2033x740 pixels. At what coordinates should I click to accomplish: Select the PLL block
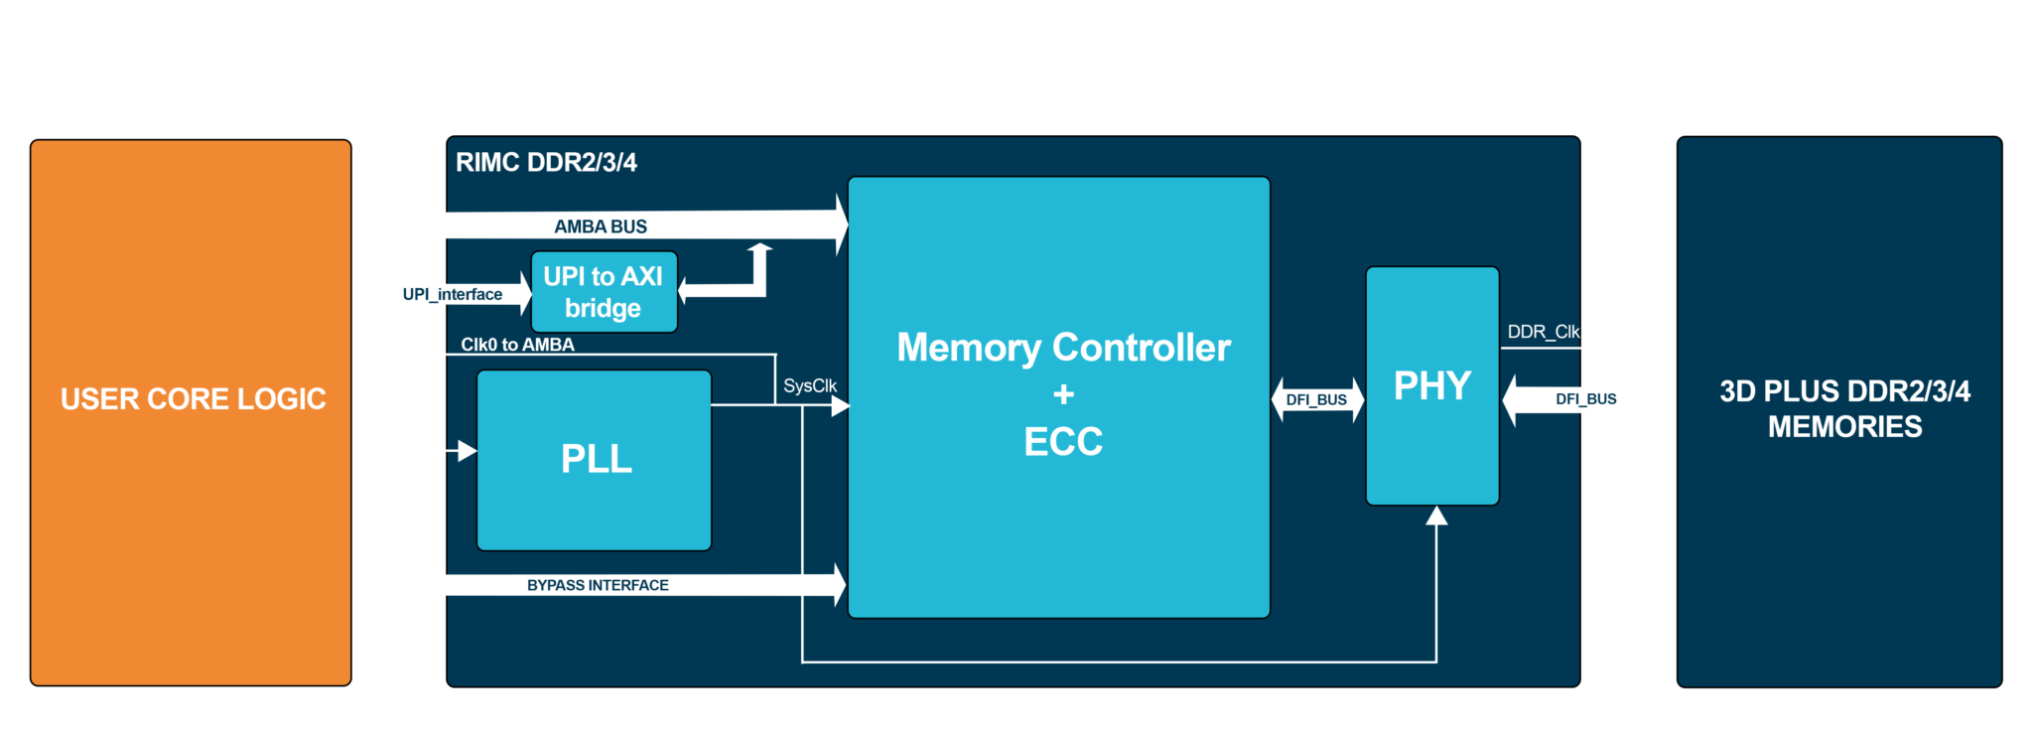tap(595, 460)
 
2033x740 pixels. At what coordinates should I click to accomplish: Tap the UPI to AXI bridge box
tap(604, 292)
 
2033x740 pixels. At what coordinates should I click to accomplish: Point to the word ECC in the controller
tap(1063, 442)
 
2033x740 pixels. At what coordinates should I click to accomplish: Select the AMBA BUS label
tap(601, 226)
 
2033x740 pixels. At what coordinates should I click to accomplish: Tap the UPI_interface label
tap(452, 294)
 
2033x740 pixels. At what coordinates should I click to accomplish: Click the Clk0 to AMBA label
tap(517, 345)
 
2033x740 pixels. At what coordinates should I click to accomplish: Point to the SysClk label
tap(809, 385)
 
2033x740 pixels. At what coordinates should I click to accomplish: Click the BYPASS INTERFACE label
tap(598, 585)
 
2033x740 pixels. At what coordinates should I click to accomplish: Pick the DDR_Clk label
tap(1543, 332)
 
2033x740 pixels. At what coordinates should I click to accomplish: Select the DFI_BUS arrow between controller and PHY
tap(1316, 399)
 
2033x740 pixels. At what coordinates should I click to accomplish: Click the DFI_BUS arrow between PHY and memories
tap(1586, 399)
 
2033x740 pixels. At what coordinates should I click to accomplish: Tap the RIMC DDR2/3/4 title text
tap(546, 162)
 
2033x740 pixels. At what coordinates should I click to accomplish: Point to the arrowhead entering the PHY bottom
tap(1436, 516)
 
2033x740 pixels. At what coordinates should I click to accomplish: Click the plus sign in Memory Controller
tap(1063, 394)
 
